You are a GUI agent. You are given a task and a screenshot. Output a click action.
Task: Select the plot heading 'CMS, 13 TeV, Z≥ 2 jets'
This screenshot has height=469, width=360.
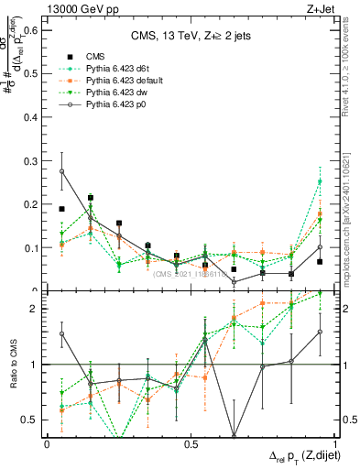point(190,37)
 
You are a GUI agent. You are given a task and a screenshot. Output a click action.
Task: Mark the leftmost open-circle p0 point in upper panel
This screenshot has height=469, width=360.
point(61,171)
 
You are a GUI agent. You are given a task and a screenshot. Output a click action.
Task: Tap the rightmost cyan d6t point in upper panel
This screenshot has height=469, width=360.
point(320,181)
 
